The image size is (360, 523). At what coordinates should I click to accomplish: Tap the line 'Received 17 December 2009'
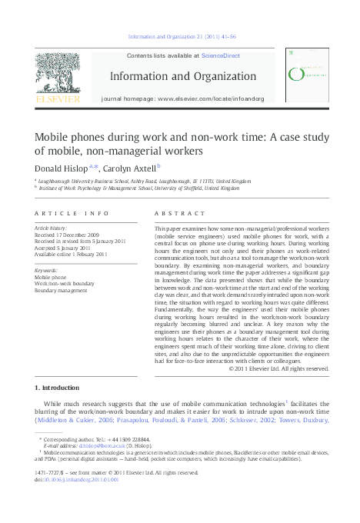67,235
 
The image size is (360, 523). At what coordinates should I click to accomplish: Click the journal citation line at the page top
182,36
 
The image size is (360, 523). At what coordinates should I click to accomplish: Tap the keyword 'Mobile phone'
52,275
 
